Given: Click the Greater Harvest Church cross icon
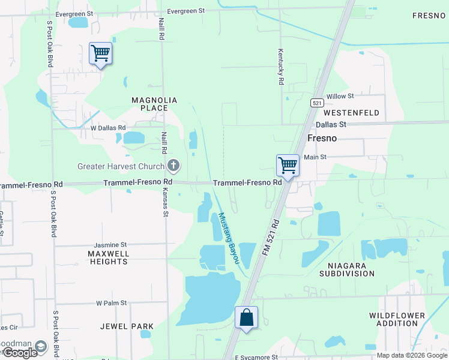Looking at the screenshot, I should (x=173, y=165).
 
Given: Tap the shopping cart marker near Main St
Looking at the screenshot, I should (x=288, y=165).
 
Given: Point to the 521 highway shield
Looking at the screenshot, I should (x=318, y=103).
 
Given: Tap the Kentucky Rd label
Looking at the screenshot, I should (x=280, y=66).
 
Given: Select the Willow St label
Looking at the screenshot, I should (x=340, y=96).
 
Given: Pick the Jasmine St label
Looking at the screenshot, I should (x=110, y=245).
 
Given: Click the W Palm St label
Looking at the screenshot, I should (x=112, y=304).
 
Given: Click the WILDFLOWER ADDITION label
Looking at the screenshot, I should (x=393, y=319).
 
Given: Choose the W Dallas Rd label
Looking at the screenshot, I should (x=108, y=128).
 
